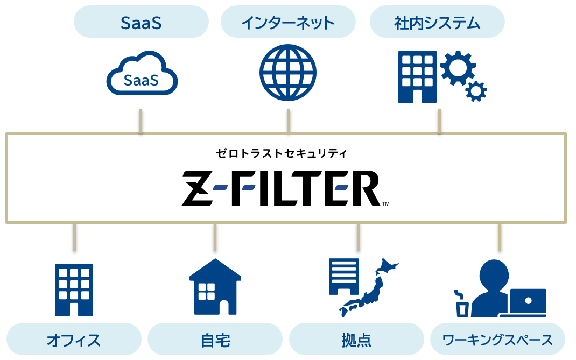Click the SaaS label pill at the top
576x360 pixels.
tap(141, 22)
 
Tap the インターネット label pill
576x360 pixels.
tap(288, 22)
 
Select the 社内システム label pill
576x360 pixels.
tap(437, 22)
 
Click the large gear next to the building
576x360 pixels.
tap(458, 67)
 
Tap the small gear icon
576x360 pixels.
tap(475, 91)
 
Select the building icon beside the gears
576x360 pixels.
tap(417, 76)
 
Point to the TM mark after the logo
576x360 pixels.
tap(385, 204)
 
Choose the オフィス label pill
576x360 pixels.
tap(74, 340)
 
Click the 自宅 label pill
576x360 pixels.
tap(215, 340)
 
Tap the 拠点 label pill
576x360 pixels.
tap(356, 340)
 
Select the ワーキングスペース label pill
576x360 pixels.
tap(497, 340)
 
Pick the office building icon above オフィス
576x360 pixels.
tap(74, 289)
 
